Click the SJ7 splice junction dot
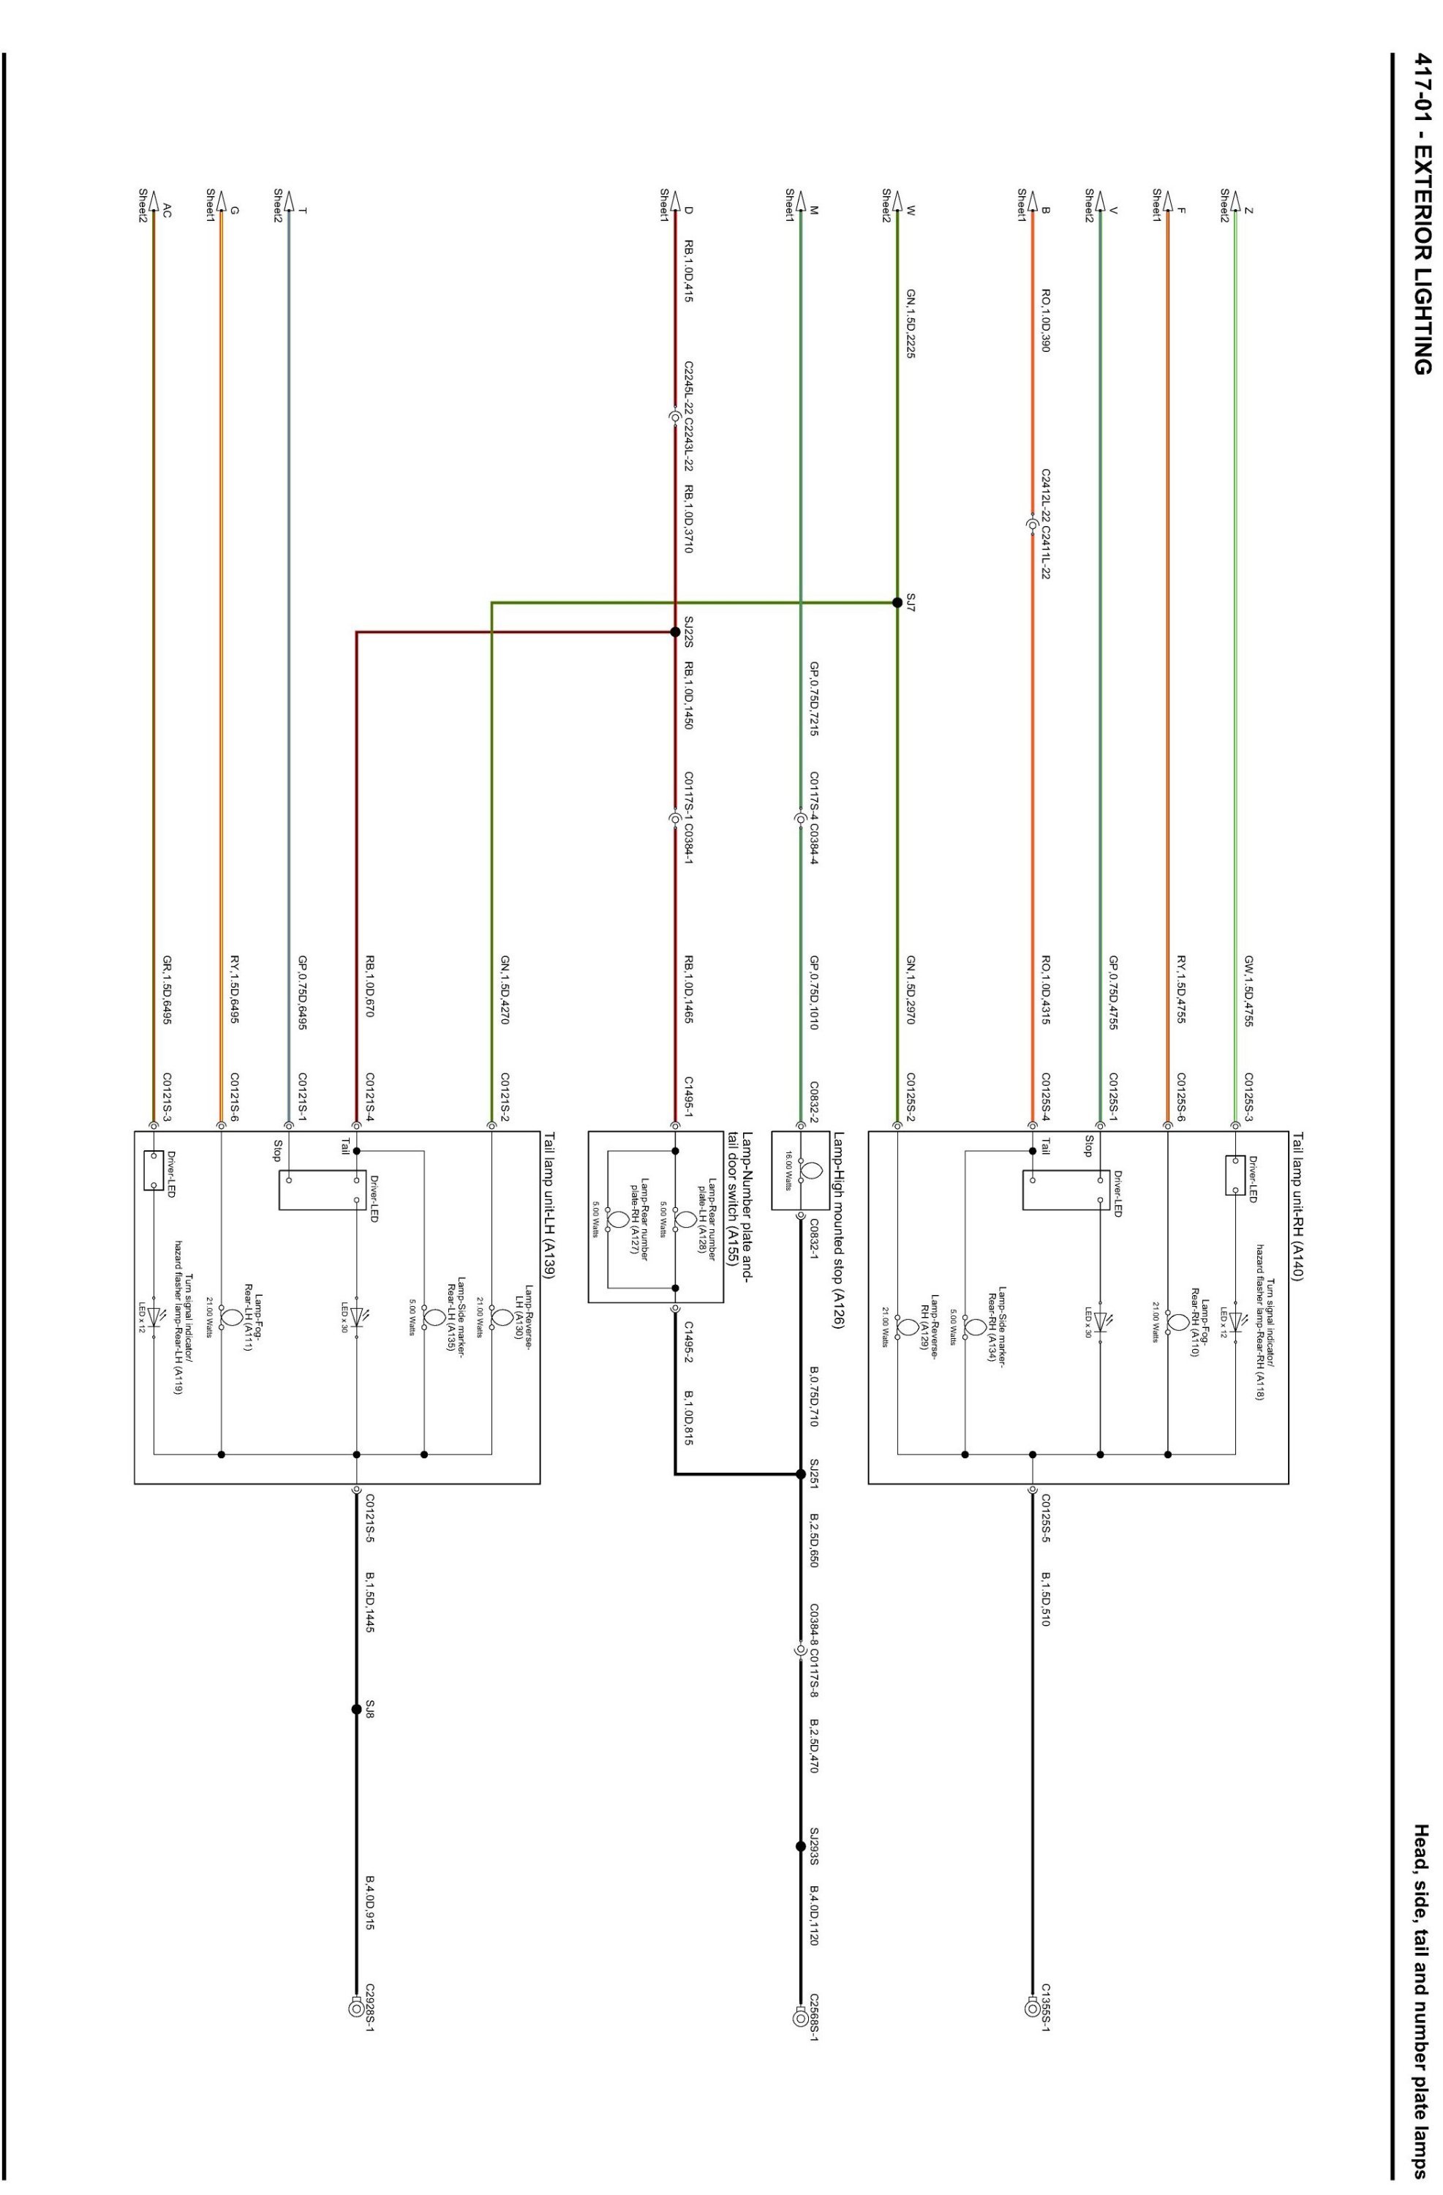tap(896, 602)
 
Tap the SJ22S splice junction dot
tap(675, 631)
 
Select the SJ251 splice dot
tap(800, 1474)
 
